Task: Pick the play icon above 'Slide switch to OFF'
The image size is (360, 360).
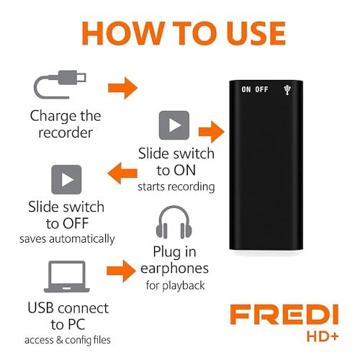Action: [x=66, y=179]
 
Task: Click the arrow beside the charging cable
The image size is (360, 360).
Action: [x=122, y=89]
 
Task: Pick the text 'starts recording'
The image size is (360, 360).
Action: [x=177, y=187]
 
